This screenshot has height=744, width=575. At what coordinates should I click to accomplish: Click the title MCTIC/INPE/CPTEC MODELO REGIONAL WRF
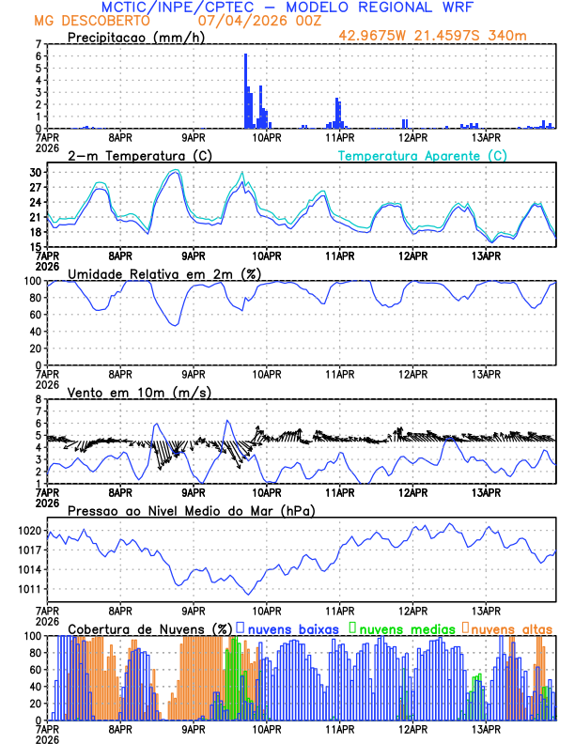287,7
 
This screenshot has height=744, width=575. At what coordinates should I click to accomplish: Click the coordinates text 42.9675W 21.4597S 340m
447,36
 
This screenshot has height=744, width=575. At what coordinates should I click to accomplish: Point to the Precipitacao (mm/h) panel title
135,37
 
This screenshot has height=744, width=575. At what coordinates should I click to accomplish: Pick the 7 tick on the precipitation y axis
38,44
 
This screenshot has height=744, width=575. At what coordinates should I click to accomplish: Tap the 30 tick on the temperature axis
35,173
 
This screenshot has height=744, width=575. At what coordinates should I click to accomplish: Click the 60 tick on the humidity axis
35,315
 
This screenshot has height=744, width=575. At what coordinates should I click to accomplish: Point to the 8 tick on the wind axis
38,399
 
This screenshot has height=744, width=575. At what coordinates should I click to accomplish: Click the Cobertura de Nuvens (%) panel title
149,628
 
